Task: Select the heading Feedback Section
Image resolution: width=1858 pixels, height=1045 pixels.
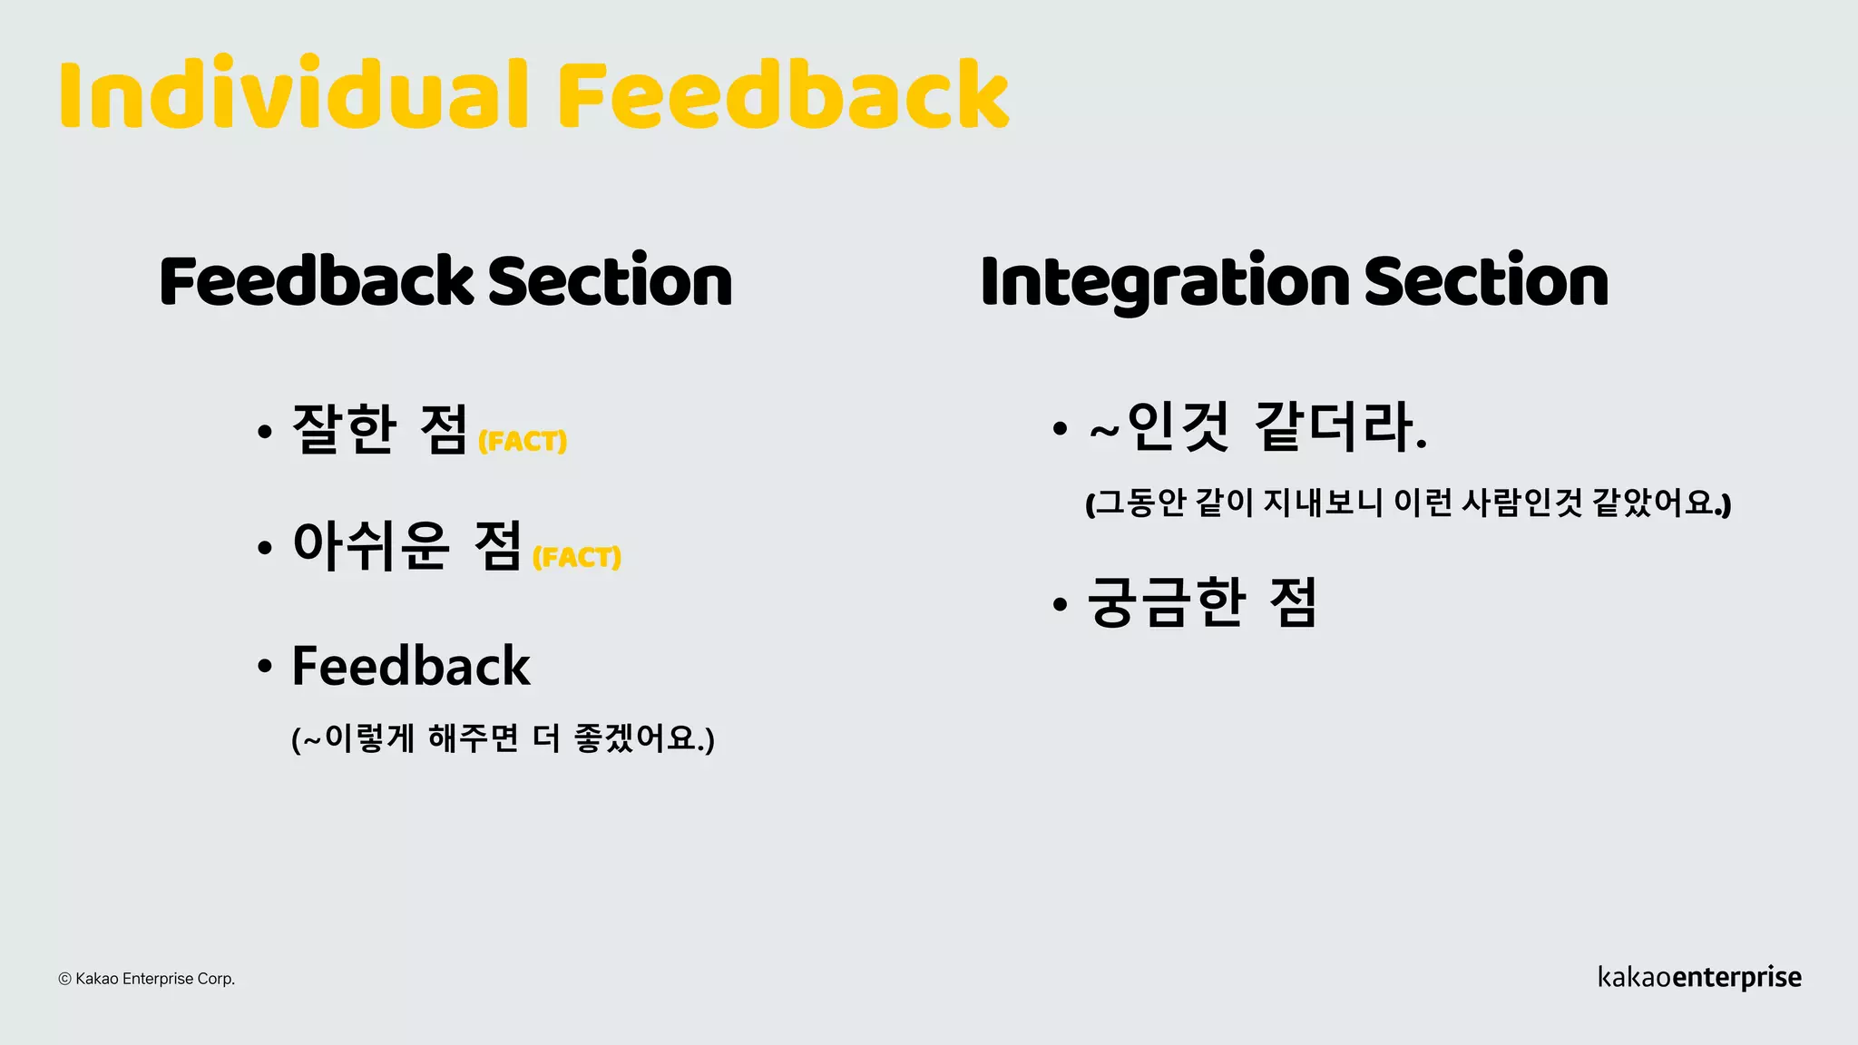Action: point(445,281)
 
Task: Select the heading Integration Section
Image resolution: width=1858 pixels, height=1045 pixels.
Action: point(1294,281)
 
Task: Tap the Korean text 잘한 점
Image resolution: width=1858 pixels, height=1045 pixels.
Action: point(379,429)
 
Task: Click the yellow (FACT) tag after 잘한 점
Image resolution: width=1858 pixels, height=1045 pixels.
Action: point(523,442)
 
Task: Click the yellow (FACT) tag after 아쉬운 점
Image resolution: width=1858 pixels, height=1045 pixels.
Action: point(577,557)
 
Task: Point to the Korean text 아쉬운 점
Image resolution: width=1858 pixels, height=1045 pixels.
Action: point(406,545)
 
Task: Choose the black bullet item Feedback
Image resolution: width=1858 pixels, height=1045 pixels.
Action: point(410,666)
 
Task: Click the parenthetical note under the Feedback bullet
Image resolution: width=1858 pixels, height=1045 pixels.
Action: point(503,738)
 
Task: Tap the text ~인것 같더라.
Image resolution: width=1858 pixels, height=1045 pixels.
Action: point(1257,426)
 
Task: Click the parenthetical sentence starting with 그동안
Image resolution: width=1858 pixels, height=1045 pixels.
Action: point(1408,503)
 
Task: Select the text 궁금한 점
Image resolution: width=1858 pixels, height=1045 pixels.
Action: point(1201,602)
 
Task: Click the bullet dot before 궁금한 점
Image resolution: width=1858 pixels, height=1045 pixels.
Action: point(1060,604)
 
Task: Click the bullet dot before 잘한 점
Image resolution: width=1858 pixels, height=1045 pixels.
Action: point(265,432)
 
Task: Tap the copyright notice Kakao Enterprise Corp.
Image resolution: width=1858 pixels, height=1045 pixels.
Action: point(147,979)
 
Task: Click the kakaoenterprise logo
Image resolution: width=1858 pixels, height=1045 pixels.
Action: point(1699,977)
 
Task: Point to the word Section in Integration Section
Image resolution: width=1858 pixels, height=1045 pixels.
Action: point(1485,281)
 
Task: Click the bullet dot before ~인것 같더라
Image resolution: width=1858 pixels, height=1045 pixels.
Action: point(1060,428)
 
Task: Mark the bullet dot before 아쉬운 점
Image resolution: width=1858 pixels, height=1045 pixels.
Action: point(265,548)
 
